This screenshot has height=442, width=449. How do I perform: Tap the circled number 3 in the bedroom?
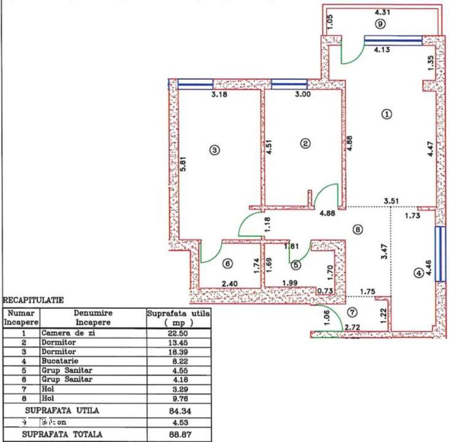point(214,150)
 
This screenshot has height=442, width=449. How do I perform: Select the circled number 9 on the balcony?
point(381,24)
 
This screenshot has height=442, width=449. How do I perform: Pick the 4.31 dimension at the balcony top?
point(383,11)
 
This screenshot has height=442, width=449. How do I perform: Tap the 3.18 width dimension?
point(219,95)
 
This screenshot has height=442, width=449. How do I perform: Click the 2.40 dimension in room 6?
point(230,284)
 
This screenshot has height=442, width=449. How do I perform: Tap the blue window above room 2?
point(289,83)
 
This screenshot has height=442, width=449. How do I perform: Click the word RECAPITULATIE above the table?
point(34,301)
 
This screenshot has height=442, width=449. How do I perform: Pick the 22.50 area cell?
point(178,333)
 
